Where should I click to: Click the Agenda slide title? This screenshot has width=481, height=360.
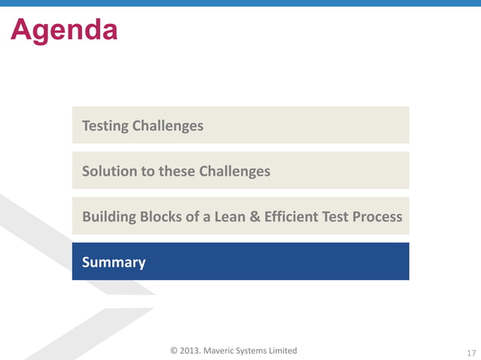64,30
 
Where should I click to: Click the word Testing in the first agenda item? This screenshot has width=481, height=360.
105,126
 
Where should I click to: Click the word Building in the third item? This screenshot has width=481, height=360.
109,217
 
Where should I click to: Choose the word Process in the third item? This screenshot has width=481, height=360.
377,217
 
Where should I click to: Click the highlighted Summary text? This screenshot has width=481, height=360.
114,262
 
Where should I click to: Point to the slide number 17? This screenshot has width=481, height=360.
472,352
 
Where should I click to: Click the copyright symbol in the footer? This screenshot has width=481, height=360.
174,350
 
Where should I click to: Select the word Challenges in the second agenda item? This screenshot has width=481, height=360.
234,171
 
